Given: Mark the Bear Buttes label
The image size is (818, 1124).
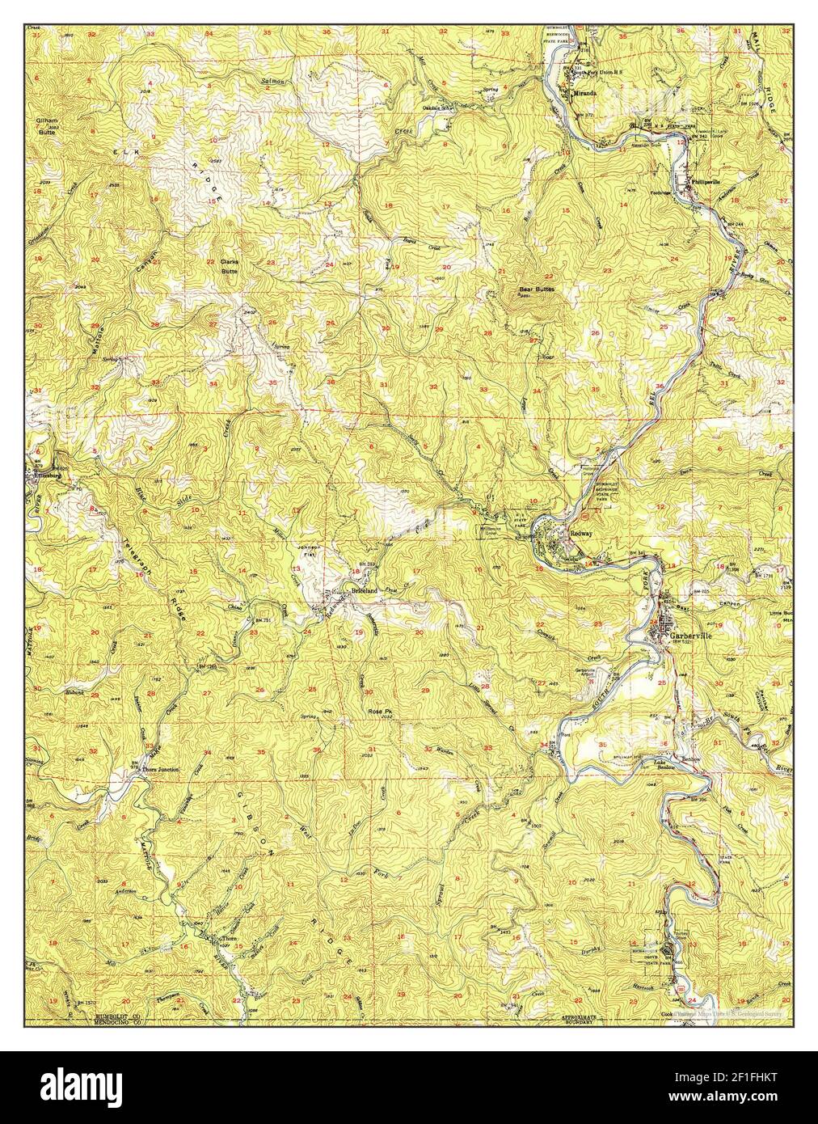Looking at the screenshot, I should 536,289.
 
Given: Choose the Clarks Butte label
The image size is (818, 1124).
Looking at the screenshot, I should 231,267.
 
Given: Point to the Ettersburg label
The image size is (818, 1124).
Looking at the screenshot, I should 48,476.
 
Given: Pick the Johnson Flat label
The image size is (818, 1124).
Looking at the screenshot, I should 311,551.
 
